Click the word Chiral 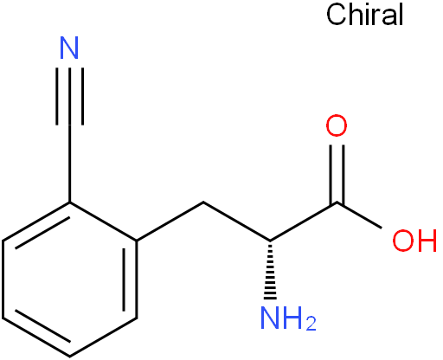[x=365, y=15]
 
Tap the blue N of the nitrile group [x=69, y=48]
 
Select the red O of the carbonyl [x=337, y=125]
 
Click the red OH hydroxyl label [x=414, y=240]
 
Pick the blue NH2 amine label [x=288, y=318]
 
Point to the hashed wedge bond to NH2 [x=270, y=271]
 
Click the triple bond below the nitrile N [x=70, y=96]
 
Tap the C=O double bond [x=337, y=173]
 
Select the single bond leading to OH [x=359, y=215]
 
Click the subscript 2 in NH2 [x=311, y=324]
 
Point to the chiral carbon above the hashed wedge [x=270, y=241]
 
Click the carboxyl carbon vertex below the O [x=337, y=202]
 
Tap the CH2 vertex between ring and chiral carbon [x=203, y=202]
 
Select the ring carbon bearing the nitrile [x=70, y=202]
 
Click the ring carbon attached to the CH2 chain [x=137, y=241]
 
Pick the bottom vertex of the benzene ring [x=70, y=357]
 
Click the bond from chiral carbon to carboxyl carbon [x=304, y=222]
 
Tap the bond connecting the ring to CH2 [x=170, y=222]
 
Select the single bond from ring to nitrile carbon [x=70, y=164]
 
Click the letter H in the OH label [x=427, y=240]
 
